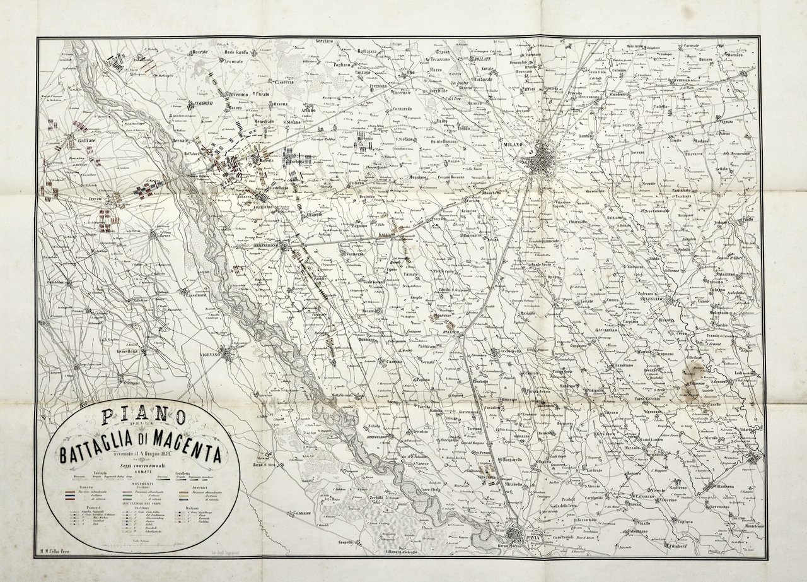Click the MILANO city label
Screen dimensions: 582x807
coord(514,145)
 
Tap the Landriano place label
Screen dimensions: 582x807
coord(620,366)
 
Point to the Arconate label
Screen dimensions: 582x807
coord(233,61)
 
